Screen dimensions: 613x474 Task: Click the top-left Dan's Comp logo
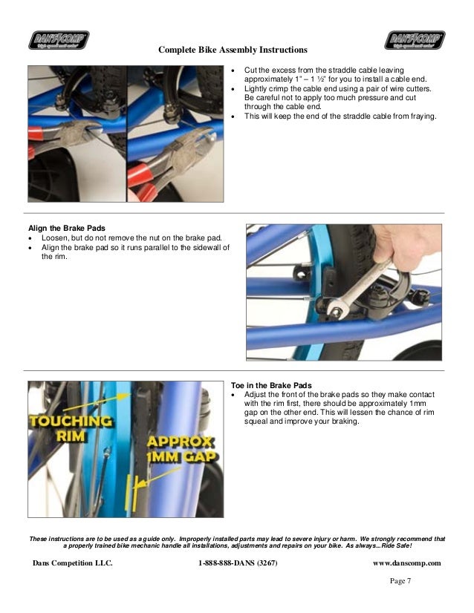point(59,39)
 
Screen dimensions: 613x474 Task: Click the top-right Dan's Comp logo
point(415,39)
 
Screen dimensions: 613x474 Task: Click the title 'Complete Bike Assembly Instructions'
point(233,50)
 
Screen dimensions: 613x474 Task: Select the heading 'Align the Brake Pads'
point(67,227)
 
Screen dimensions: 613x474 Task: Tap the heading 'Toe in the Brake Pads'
point(271,385)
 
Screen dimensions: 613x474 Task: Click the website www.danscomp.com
point(406,563)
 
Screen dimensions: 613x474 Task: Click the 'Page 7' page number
point(400,581)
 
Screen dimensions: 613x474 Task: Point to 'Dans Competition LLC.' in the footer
point(73,563)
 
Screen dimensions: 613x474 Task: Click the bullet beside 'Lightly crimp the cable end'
point(235,88)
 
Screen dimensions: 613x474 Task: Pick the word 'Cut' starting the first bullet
point(251,68)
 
